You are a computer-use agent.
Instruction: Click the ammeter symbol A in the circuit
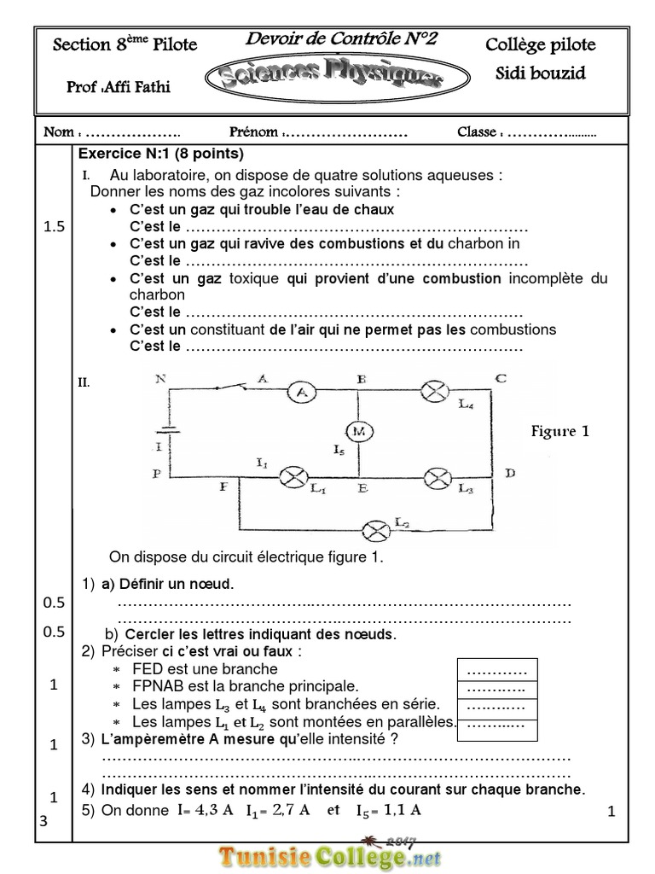[300, 392]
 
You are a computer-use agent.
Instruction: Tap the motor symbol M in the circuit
[359, 432]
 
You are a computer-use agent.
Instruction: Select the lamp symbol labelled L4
[437, 392]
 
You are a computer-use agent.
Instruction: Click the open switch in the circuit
[228, 389]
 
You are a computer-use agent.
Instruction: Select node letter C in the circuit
[500, 378]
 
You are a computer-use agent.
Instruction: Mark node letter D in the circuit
[508, 472]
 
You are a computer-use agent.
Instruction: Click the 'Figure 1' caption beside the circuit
[560, 431]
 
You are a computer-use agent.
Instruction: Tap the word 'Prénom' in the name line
[253, 132]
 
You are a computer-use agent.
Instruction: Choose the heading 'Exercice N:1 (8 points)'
[161, 154]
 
